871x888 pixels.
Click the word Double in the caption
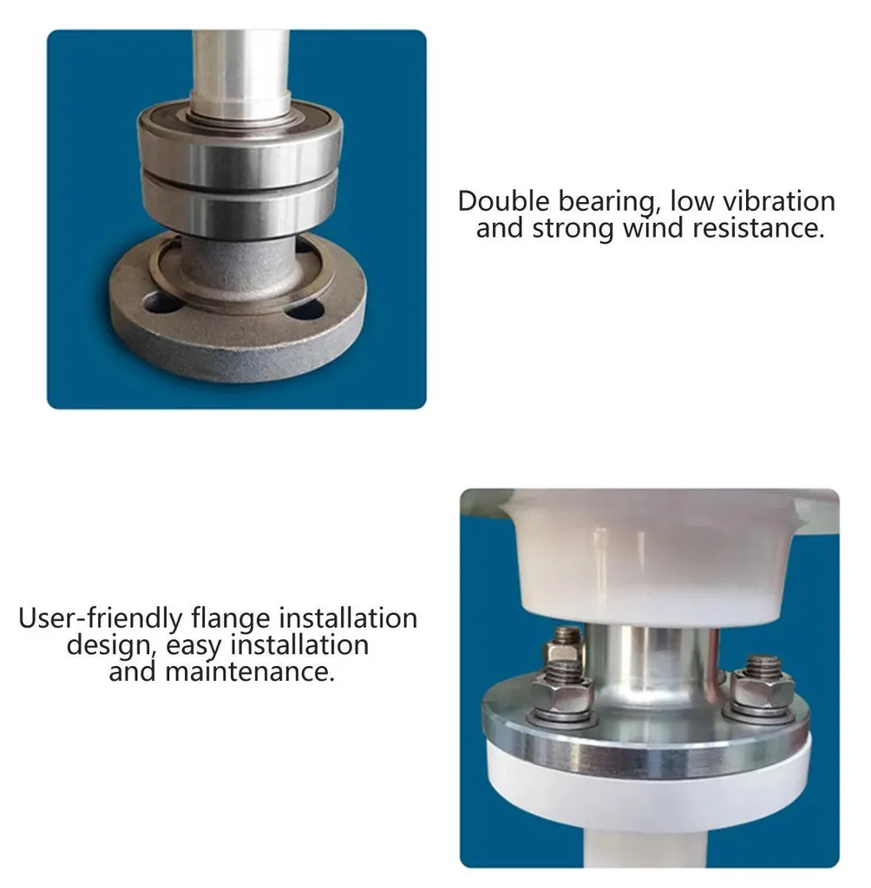pyautogui.click(x=504, y=201)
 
